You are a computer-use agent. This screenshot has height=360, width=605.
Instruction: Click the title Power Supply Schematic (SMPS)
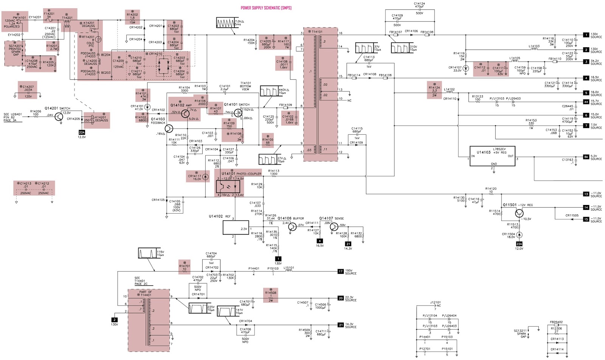tap(266, 8)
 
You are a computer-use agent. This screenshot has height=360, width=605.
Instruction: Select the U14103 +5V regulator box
tap(492, 156)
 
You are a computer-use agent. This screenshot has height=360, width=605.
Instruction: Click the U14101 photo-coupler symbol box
tap(228, 186)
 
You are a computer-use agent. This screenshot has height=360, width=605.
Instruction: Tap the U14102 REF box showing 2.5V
tap(236, 228)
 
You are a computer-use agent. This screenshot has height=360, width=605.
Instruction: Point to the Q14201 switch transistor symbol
tap(59, 116)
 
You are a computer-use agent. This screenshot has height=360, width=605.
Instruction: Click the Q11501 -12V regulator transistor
tap(519, 214)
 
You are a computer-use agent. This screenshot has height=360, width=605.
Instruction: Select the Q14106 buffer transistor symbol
tap(292, 227)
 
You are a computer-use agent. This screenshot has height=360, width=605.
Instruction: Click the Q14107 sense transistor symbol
tap(334, 227)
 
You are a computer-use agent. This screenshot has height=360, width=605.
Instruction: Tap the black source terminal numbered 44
tap(586, 102)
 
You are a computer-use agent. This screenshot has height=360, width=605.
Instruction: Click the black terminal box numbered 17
tap(340, 272)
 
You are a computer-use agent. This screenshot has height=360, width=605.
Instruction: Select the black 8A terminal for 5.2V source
tap(586, 157)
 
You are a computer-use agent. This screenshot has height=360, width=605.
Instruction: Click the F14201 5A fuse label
tap(49, 15)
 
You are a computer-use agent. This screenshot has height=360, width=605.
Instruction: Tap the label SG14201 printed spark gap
tap(15, 50)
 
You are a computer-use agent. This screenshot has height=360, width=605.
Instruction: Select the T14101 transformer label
tap(315, 32)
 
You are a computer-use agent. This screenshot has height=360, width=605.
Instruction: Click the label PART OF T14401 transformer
tap(145, 293)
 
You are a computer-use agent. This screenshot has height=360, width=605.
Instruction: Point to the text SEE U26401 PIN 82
tap(12, 117)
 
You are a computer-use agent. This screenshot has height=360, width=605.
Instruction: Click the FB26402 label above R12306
tap(556, 322)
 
